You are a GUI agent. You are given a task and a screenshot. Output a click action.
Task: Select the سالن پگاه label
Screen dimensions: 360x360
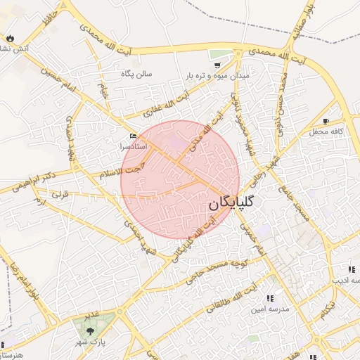[x=136, y=73]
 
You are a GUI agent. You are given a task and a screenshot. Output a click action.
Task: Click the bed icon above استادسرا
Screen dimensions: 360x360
[x=134, y=136]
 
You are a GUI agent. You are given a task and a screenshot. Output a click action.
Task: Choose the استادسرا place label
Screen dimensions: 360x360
[x=134, y=146]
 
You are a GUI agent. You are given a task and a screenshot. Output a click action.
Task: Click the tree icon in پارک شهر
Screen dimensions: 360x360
[x=89, y=330]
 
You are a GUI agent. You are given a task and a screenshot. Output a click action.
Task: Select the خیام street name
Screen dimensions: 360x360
[x=104, y=90]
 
